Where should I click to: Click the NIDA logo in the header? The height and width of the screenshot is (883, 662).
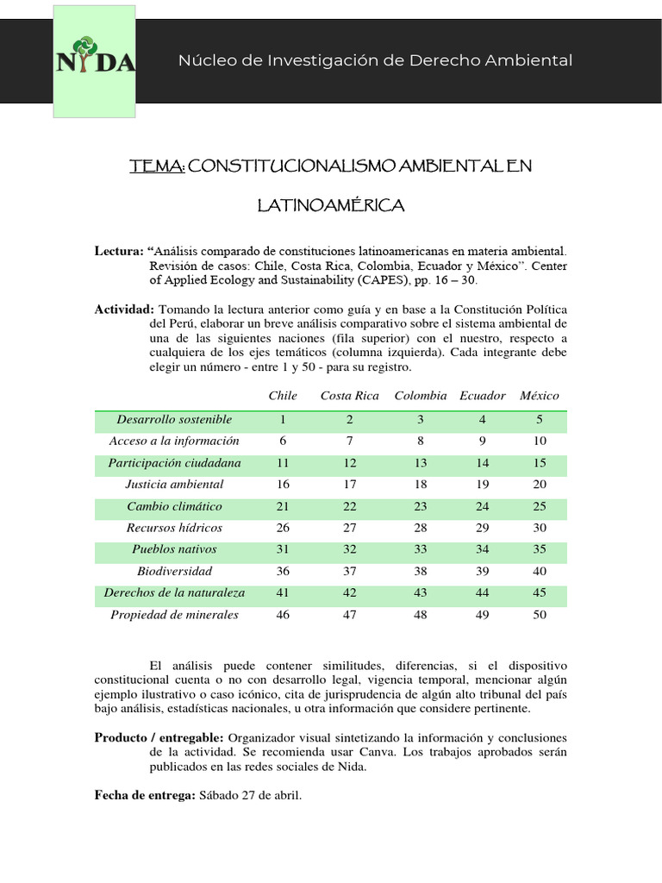click(95, 60)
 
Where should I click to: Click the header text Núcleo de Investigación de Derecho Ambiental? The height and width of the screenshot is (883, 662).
click(375, 60)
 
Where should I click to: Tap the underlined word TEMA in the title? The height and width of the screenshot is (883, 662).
click(156, 166)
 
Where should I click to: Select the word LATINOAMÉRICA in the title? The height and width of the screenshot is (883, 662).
click(331, 206)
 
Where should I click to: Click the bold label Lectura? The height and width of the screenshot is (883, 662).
click(119, 250)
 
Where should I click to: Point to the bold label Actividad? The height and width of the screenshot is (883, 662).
click(124, 310)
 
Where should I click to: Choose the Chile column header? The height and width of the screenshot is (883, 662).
click(283, 396)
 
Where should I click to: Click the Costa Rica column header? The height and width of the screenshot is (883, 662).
click(349, 396)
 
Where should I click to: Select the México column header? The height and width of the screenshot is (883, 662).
click(540, 396)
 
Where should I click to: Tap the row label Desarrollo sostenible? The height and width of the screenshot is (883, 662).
click(174, 420)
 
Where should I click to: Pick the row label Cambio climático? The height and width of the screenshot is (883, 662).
click(174, 506)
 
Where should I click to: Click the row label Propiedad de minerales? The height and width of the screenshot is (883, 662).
click(174, 615)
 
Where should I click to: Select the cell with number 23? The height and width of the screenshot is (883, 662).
click(421, 506)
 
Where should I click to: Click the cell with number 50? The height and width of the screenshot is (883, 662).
click(540, 615)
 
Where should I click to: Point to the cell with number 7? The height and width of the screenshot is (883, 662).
click(349, 441)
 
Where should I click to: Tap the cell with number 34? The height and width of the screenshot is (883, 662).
click(483, 549)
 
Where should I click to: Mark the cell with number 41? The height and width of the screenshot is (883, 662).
click(283, 593)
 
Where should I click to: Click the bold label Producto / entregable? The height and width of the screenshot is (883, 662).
click(159, 738)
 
